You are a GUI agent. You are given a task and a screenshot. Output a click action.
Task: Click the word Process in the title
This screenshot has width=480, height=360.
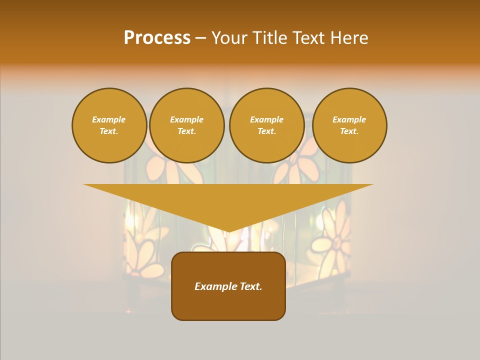(x=157, y=38)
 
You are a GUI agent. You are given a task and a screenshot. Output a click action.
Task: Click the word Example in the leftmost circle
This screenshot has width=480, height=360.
(x=109, y=119)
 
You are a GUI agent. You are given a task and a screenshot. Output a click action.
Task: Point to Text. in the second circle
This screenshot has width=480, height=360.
(x=187, y=131)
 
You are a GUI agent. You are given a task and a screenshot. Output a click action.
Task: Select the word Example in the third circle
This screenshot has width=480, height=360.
(x=267, y=119)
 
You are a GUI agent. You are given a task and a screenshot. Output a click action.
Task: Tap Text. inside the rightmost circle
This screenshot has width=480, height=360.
(x=349, y=131)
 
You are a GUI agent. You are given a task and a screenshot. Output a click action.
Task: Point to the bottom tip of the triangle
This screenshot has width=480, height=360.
(x=228, y=230)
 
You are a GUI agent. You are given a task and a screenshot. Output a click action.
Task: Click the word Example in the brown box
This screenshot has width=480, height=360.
(x=214, y=286)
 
